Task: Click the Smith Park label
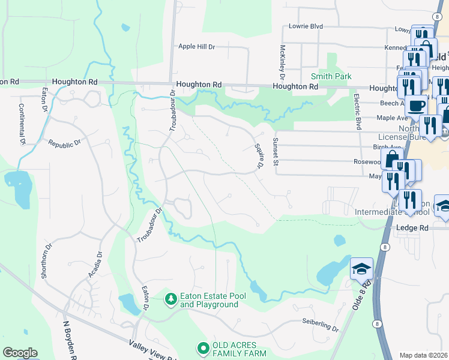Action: [x=331, y=76]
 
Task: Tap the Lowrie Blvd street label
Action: [x=306, y=26]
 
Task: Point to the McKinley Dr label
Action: [x=282, y=62]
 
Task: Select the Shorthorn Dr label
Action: [x=44, y=263]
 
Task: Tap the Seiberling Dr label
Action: [x=321, y=325]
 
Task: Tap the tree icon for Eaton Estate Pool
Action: [x=171, y=298]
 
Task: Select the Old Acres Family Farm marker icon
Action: [x=203, y=347]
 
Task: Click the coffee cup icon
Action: [x=415, y=106]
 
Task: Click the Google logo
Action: [x=20, y=353]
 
